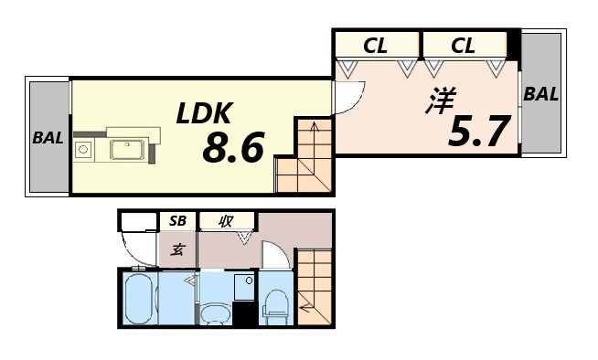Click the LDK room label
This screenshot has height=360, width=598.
pos(207,114)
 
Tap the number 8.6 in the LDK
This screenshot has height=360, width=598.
pos(233,146)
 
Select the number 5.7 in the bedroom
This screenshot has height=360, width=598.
pos(477,132)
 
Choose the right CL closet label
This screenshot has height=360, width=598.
pos(464,45)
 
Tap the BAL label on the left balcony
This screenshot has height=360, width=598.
pos(48,138)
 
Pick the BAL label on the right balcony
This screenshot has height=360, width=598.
pos(541,93)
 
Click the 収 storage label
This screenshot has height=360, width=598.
pos(222,221)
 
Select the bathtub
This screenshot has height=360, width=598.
pos(139,299)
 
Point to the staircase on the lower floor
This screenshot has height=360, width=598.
pos(314,283)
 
